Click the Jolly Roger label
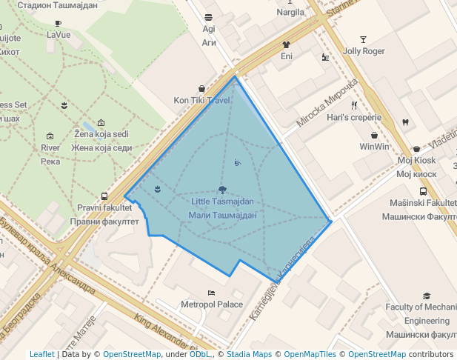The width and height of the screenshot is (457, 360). tap(364, 51)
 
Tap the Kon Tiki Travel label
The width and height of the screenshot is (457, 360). tap(202, 100)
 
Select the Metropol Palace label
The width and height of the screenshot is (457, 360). tap(212, 304)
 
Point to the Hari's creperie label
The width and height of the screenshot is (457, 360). tap(354, 117)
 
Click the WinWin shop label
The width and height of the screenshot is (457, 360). tap(375, 147)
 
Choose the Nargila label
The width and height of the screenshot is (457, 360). tap(290, 12)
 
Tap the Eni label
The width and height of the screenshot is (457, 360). tap(287, 56)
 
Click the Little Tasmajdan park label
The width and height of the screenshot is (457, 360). tap(222, 201)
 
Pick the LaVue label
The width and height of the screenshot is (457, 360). tap(59, 34)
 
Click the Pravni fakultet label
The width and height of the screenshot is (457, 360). tap(104, 207)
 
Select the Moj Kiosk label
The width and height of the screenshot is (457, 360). tap(416, 160)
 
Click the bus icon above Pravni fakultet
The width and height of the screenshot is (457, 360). tap(104, 196)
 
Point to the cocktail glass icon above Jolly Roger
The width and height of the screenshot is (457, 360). tap(363, 39)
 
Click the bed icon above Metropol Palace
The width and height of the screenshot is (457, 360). tap(212, 293)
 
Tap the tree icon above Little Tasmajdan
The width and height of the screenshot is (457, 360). tap(222, 190)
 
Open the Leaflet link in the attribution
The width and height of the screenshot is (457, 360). tap(41, 355)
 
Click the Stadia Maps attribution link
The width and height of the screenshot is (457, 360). tap(247, 355)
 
